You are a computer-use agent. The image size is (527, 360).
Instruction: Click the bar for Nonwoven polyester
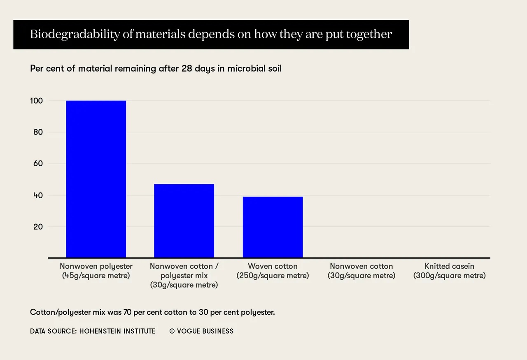click(x=96, y=179)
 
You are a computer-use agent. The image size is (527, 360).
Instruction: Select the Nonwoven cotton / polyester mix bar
click(x=184, y=221)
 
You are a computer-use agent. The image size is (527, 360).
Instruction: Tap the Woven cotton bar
click(x=273, y=227)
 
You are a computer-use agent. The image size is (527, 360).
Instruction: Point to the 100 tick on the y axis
click(x=37, y=101)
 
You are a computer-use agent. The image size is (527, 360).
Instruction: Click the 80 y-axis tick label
click(x=38, y=132)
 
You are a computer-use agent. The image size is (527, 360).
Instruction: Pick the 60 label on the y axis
click(x=38, y=163)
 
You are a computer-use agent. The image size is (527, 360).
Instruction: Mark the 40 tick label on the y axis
click(x=38, y=195)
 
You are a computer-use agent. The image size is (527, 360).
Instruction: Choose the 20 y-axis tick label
click(x=38, y=227)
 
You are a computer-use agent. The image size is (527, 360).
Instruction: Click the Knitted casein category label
click(x=450, y=271)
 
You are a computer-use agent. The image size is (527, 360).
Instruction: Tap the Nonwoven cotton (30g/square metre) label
click(x=361, y=271)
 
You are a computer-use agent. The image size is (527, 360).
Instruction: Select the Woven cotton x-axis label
click(x=273, y=271)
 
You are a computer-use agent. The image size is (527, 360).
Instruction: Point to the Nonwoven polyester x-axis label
click(x=96, y=271)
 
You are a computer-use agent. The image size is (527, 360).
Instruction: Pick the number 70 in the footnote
click(x=128, y=312)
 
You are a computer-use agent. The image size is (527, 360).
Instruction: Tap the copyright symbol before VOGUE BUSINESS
click(x=172, y=331)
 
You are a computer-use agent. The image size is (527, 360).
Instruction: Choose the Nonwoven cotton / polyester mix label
click(x=184, y=275)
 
